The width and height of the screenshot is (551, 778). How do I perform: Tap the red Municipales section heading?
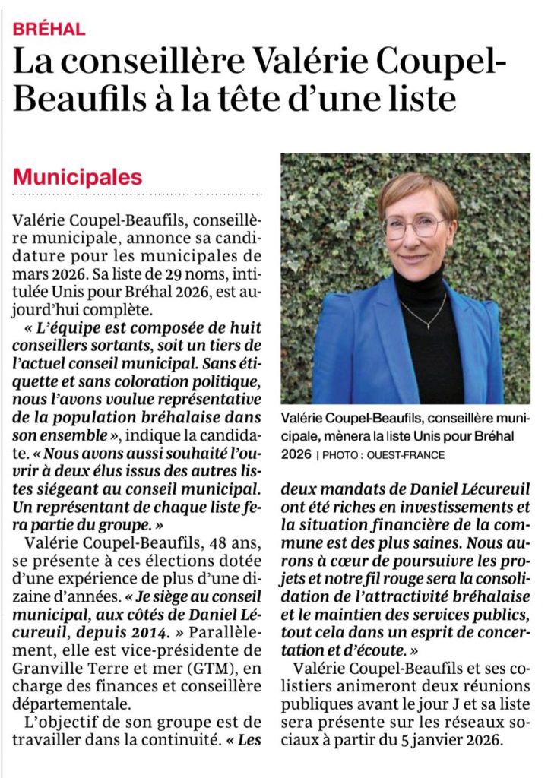click(x=78, y=177)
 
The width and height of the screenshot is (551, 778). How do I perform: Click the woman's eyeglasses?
click(x=413, y=226)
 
